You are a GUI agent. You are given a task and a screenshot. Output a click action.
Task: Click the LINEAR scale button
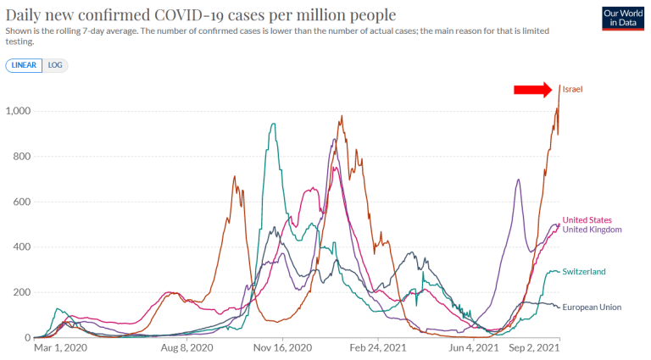coord(24,65)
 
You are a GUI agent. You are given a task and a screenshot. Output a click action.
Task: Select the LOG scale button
coord(54,65)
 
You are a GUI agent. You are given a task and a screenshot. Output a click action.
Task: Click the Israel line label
coord(572,89)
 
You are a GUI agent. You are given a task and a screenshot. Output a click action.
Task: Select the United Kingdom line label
coord(593,230)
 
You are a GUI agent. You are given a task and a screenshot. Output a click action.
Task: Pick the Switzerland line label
coord(583,271)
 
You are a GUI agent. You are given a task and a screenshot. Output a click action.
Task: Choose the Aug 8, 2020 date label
coord(186,347)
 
